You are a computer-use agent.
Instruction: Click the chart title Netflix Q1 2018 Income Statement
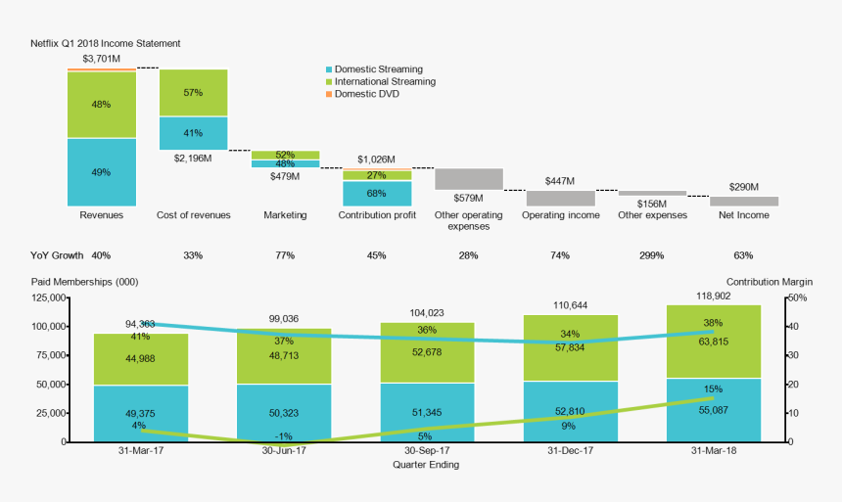pyautogui.click(x=105, y=44)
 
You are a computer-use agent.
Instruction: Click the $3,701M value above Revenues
pyautogui.click(x=102, y=59)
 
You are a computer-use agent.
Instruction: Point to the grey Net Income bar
pyautogui.click(x=744, y=201)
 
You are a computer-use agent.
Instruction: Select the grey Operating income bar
pyautogui.click(x=560, y=198)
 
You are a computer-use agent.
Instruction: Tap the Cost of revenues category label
pyautogui.click(x=194, y=215)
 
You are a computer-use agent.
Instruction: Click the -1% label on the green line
pyautogui.click(x=283, y=436)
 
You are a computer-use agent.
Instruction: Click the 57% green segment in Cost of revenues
pyautogui.click(x=193, y=93)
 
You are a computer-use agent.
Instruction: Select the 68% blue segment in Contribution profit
pyautogui.click(x=376, y=193)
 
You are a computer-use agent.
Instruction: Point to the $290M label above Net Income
pyautogui.click(x=744, y=186)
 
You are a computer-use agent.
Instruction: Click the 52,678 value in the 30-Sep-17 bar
pyautogui.click(x=429, y=352)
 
